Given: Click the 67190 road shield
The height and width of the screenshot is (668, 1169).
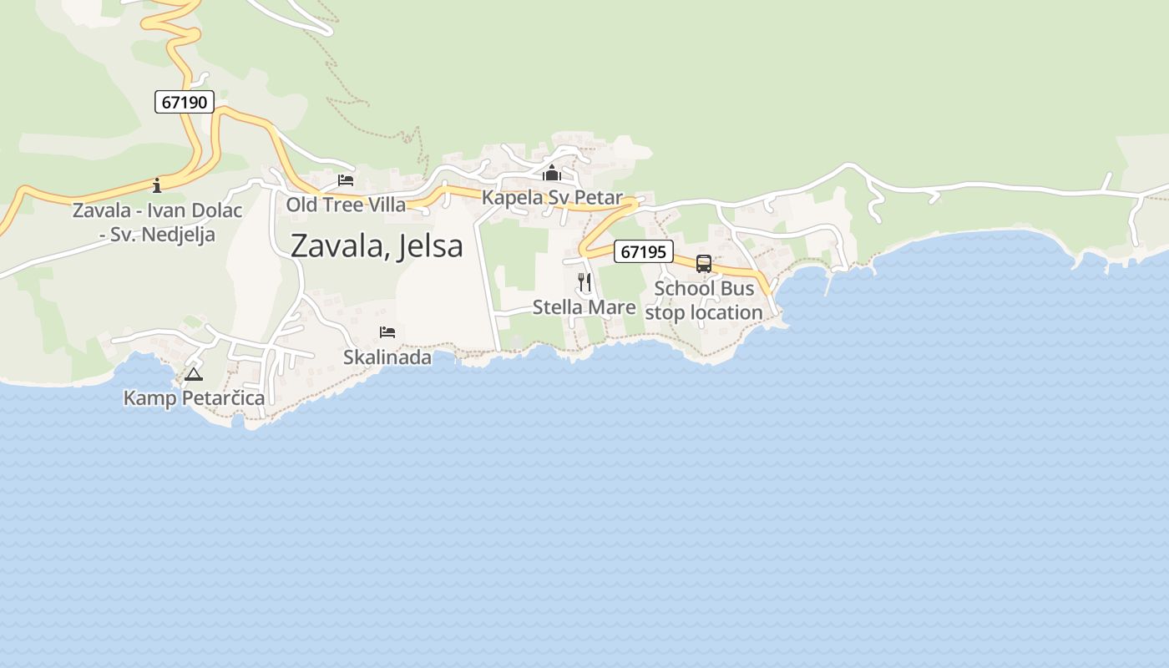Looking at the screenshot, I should pos(185,103).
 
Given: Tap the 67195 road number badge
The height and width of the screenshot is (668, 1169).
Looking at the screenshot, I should pos(643,251).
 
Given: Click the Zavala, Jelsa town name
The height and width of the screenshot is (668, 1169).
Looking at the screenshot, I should pos(377,246).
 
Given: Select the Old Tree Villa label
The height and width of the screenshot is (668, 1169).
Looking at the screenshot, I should pos(346,205).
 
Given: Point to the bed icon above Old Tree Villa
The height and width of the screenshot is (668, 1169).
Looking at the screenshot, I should pos(346,180).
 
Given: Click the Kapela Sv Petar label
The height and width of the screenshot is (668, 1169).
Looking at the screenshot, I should pos(552,198).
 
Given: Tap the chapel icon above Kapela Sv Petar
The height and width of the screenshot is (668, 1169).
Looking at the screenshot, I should pos(552,174).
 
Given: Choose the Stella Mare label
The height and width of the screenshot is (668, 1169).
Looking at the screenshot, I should pos(584,307).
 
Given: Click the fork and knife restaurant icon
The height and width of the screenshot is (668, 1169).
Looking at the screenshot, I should pos(584,282).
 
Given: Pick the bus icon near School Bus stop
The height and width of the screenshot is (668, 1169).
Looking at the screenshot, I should pos(704,264).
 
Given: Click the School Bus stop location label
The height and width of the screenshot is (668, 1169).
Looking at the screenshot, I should pos(704,301).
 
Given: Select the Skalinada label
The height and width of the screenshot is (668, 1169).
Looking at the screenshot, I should pos(387,357).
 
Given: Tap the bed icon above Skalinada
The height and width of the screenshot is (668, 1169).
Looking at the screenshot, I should pos(387,332).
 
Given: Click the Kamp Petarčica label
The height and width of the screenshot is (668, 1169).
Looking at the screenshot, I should pos(194,398).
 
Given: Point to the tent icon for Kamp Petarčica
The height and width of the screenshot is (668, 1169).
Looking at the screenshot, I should pos(194,374).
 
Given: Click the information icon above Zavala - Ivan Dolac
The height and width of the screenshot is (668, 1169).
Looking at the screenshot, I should pos(157,185).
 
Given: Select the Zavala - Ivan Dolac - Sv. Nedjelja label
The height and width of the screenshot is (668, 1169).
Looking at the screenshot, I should pos(157,222).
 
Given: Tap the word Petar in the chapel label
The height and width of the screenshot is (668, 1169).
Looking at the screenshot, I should pos(599,198).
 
